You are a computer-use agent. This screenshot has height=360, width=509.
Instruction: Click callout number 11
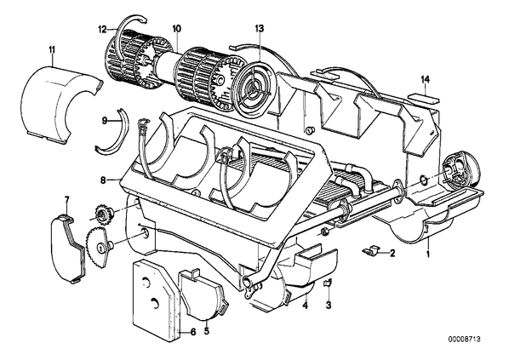(x=52, y=50)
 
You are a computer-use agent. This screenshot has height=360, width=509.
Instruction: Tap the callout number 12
(x=103, y=30)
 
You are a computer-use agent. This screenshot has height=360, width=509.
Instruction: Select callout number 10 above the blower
(x=177, y=29)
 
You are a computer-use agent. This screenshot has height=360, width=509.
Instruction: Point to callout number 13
(x=260, y=29)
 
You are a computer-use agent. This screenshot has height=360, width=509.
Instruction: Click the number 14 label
(x=426, y=79)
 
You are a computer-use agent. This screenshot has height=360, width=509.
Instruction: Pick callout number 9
(x=104, y=121)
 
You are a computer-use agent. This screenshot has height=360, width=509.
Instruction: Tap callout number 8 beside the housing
(x=103, y=180)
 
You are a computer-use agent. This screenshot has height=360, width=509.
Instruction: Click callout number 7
(x=67, y=200)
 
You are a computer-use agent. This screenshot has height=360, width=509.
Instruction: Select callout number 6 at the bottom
(x=193, y=332)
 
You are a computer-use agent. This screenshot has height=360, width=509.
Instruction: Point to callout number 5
(x=207, y=331)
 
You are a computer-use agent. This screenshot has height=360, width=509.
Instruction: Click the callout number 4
(x=305, y=306)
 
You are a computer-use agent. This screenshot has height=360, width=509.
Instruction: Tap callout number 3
(x=329, y=306)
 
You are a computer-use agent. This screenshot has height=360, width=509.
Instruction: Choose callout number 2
(x=392, y=253)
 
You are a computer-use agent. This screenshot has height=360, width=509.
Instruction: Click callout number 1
(x=428, y=254)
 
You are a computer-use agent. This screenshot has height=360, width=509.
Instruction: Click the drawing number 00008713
(x=464, y=340)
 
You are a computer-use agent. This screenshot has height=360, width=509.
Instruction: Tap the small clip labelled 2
(x=371, y=250)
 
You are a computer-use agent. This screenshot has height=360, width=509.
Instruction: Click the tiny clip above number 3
(x=328, y=283)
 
